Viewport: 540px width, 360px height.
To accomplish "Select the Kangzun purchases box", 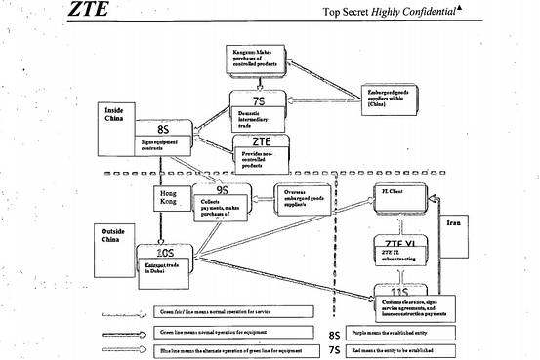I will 258,60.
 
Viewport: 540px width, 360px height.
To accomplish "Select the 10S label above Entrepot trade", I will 160,253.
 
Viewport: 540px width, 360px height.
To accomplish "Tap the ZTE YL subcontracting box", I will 395,252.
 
